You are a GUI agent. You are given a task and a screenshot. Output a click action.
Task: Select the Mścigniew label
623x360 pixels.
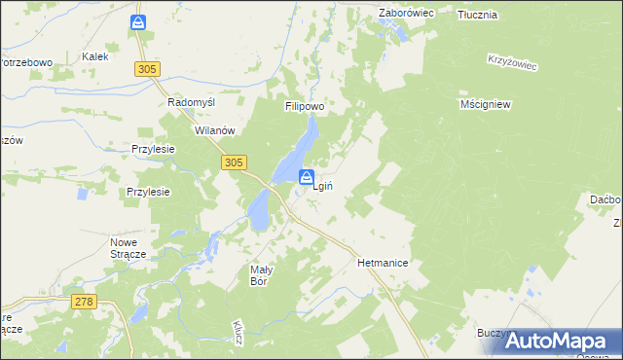(x=485, y=103)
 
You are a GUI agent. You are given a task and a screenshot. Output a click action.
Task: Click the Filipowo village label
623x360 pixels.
(x=304, y=106)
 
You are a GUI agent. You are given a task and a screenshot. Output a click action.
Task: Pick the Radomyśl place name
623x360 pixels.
(x=191, y=102)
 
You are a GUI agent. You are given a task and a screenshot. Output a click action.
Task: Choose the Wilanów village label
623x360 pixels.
(x=216, y=130)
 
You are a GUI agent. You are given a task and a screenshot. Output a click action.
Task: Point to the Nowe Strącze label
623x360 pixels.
(x=128, y=247)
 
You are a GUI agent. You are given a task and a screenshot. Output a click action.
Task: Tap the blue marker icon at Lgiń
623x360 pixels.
(x=306, y=178)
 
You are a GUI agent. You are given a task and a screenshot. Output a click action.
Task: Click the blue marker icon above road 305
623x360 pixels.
(x=140, y=21)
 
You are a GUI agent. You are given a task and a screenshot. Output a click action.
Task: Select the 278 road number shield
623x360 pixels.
(x=84, y=303)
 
